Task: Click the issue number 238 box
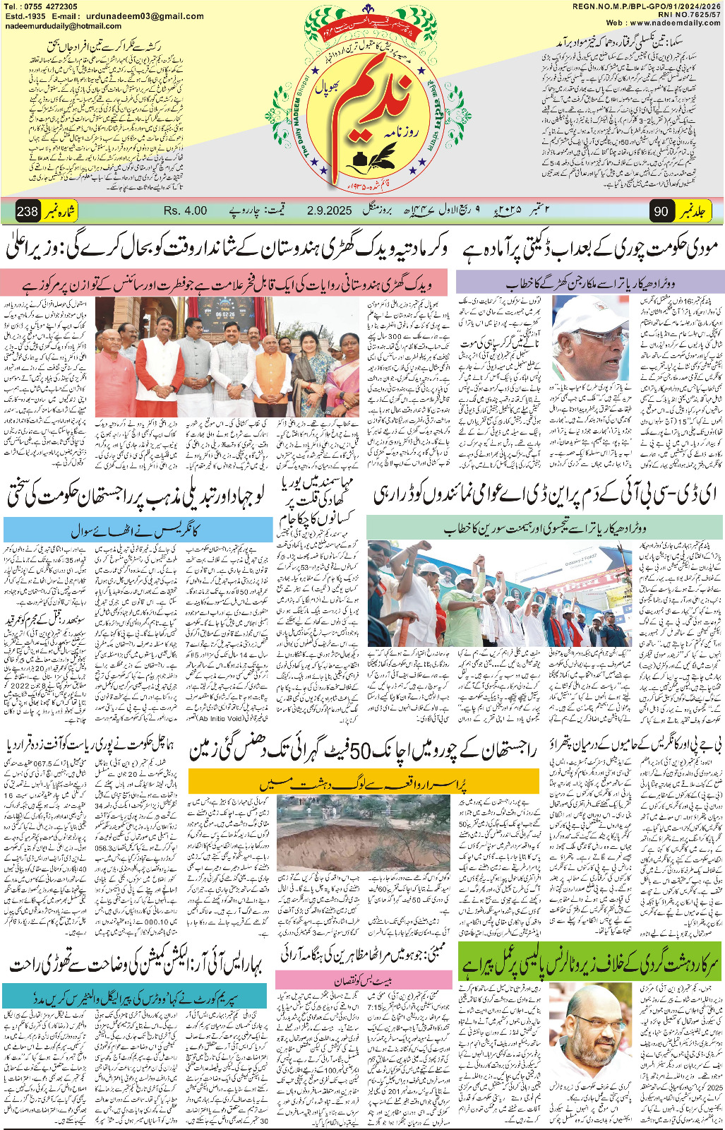coord(28,211)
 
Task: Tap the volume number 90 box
coord(661,211)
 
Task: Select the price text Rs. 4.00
coord(185,210)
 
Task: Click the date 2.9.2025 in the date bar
coord(329,210)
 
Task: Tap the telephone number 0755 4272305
coord(50,6)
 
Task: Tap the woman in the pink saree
coord(342,381)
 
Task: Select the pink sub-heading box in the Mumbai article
coord(364,980)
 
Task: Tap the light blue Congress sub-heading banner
coord(138,530)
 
